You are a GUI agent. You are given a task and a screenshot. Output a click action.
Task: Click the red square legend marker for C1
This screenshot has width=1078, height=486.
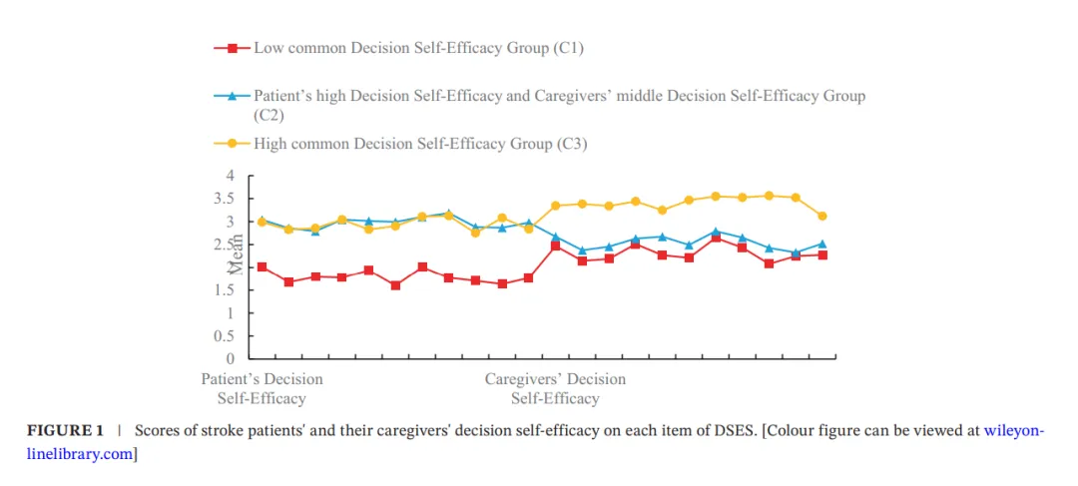[x=233, y=48]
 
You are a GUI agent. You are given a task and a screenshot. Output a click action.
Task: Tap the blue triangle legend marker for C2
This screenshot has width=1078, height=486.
[x=233, y=97]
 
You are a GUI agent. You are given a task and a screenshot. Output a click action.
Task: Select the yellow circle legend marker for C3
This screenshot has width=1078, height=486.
[x=233, y=144]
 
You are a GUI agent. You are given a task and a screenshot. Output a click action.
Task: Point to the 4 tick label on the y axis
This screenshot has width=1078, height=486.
[x=230, y=176]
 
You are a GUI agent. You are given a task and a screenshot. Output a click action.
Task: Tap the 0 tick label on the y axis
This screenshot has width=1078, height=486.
[x=230, y=358]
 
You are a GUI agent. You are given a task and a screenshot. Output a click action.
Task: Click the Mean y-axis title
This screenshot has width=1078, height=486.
[x=238, y=255]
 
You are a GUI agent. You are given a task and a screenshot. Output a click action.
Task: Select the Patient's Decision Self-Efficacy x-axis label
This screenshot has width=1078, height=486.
[x=262, y=389]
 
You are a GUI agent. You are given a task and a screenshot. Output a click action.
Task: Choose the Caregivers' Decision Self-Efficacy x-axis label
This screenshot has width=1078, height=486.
[x=555, y=389]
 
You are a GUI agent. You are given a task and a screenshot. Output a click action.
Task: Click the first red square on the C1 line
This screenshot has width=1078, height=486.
[x=262, y=267]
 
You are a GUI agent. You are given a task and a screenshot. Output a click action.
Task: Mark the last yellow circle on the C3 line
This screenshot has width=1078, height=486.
[x=822, y=216]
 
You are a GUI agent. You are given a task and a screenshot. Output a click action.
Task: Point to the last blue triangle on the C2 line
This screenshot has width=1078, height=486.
[x=822, y=243]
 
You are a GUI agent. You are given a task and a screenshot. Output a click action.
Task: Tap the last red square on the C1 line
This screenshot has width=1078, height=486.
[x=822, y=255]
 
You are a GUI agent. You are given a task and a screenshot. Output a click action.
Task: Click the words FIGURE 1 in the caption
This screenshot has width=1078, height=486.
[x=65, y=432]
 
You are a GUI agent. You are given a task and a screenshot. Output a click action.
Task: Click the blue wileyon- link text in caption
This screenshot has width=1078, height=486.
[x=1014, y=432]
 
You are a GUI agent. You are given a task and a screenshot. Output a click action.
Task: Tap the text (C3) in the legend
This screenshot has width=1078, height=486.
[x=571, y=144]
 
